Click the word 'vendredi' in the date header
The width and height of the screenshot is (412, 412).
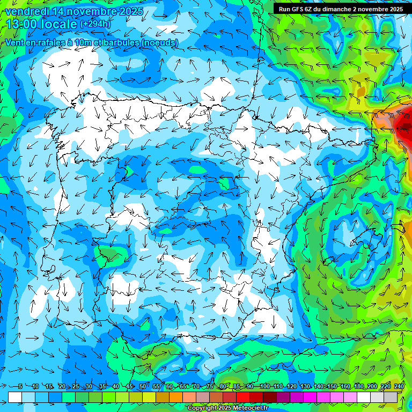[x=25, y=11]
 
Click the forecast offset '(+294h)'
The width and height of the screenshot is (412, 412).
[x=95, y=24]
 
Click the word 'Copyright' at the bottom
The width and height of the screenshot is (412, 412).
[x=203, y=408]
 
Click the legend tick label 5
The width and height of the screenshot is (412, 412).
[x=20, y=387]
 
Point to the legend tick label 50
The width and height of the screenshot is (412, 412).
[x=142, y=387]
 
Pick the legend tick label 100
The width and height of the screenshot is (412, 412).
[x=264, y=387]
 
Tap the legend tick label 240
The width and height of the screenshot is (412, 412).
[x=399, y=387]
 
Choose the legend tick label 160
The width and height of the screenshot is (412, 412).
[x=345, y=387]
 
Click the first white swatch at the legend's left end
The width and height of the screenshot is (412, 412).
[x=15, y=397]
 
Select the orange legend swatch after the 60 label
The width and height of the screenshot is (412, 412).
[x=176, y=397]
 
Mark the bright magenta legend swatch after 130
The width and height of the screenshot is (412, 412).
[x=311, y=397]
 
